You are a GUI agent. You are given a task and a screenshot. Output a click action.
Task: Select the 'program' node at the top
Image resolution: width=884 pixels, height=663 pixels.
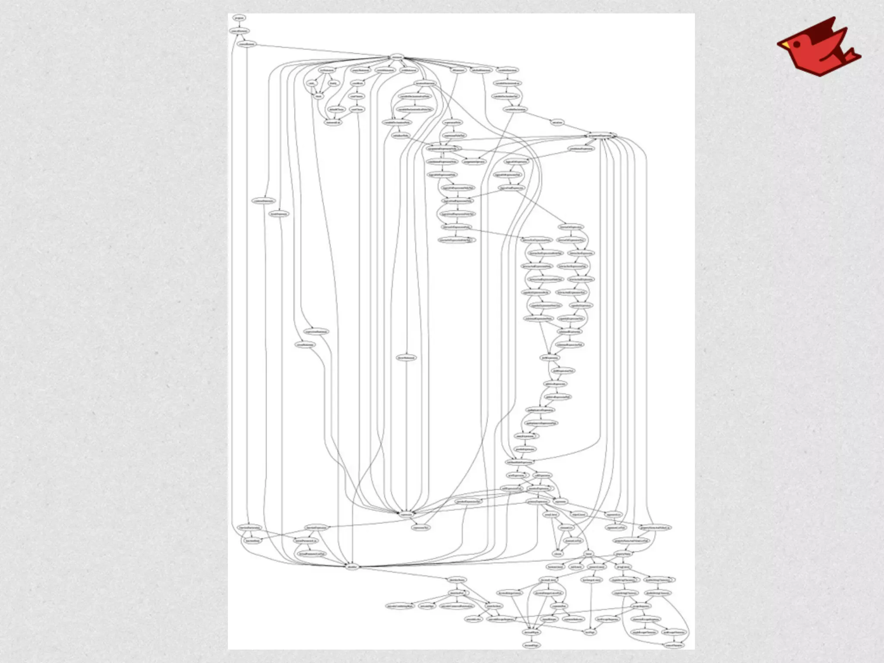click(x=239, y=18)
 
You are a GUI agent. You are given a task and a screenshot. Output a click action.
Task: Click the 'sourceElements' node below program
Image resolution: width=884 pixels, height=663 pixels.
click(x=239, y=31)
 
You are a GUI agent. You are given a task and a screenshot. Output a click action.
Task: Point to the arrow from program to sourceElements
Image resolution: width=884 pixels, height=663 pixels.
click(x=239, y=25)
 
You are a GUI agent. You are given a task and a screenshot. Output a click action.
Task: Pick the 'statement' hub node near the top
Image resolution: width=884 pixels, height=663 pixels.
click(x=397, y=57)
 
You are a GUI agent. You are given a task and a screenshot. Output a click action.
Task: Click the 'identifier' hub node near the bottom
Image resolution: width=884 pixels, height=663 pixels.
click(x=353, y=566)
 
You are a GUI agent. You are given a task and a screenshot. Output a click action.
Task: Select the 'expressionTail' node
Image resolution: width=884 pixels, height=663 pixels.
click(x=420, y=527)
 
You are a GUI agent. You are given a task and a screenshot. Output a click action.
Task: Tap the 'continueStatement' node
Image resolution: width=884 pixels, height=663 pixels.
click(x=263, y=201)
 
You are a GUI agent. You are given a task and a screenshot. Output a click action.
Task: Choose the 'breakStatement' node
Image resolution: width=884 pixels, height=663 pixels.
click(x=279, y=214)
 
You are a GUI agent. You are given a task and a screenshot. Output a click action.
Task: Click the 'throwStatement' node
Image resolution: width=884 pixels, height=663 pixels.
click(x=407, y=358)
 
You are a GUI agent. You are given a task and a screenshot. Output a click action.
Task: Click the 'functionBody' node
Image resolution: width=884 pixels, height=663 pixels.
click(x=252, y=540)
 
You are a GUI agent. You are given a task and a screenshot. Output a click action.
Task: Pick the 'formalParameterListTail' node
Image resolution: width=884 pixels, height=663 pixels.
click(x=310, y=553)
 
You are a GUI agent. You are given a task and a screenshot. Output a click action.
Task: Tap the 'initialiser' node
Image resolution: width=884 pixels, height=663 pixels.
click(x=557, y=123)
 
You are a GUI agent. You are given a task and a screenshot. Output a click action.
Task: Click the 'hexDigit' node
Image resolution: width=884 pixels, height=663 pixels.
click(x=590, y=632)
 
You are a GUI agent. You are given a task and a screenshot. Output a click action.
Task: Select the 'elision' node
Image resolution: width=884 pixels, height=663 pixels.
click(x=558, y=553)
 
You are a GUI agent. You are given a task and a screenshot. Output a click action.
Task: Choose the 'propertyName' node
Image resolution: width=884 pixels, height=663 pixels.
click(x=623, y=553)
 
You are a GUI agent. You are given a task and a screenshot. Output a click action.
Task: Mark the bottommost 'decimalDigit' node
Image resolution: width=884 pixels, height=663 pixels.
click(x=531, y=645)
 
